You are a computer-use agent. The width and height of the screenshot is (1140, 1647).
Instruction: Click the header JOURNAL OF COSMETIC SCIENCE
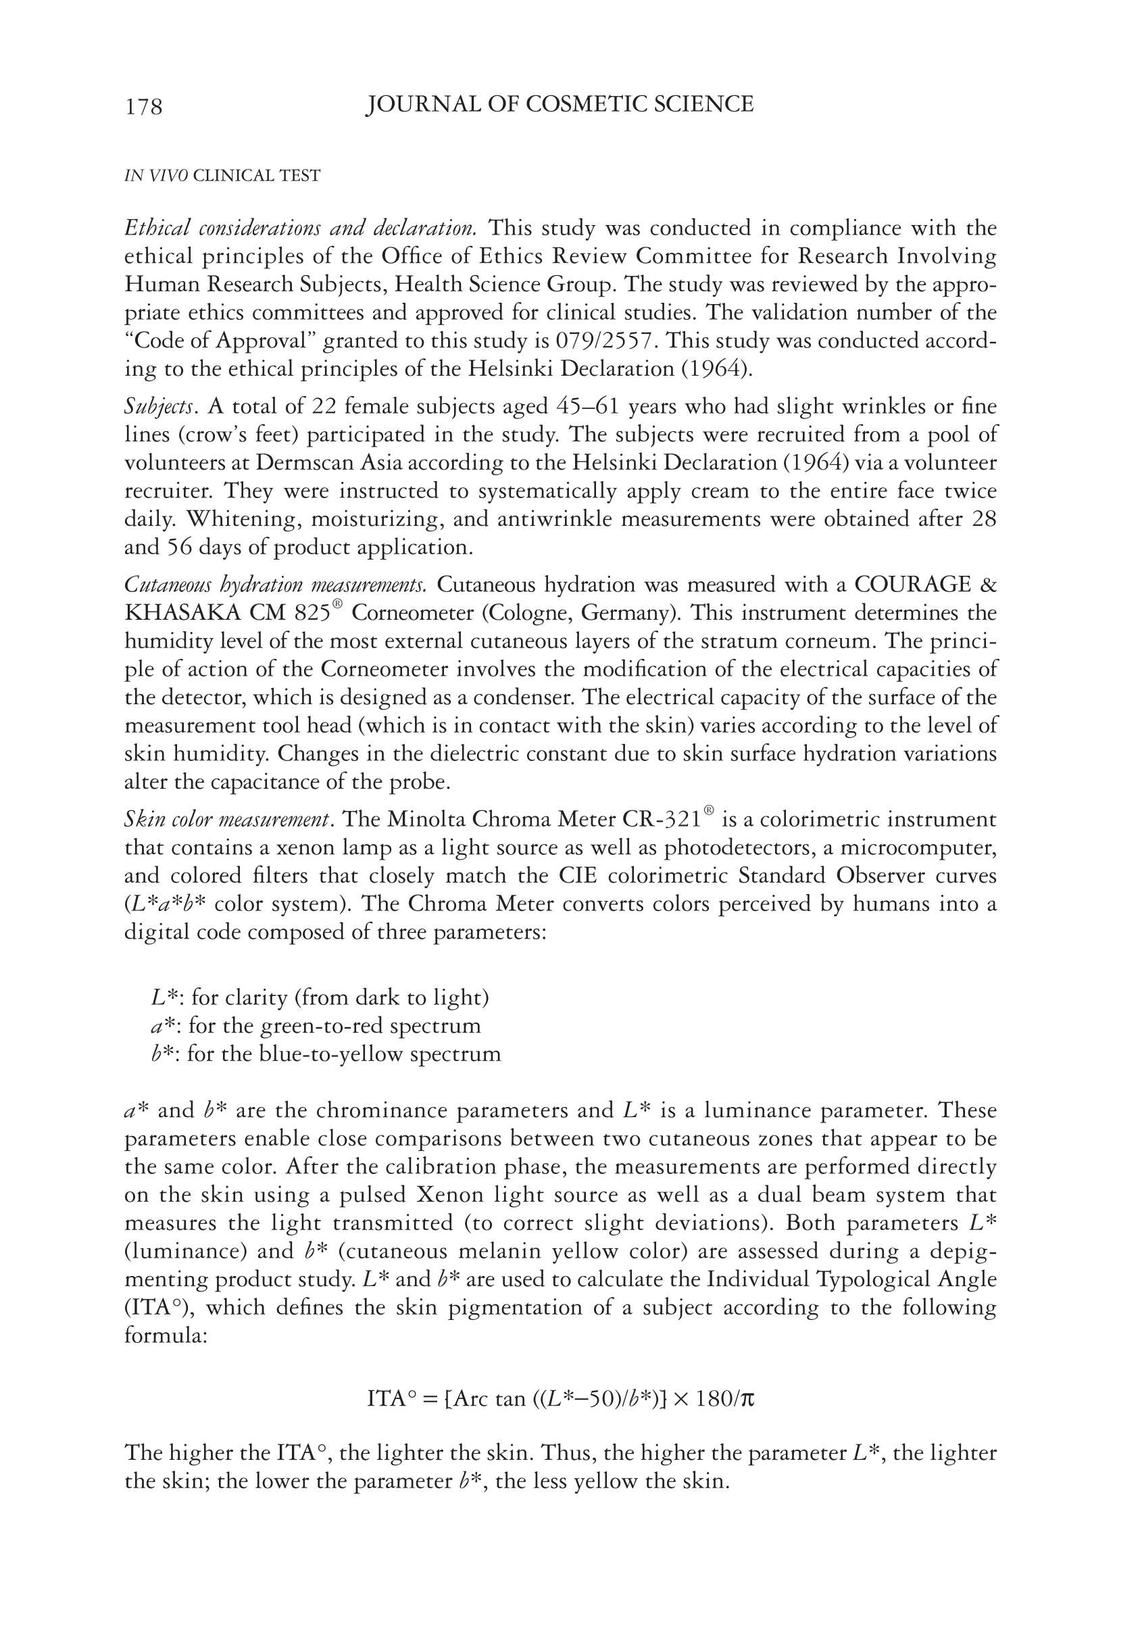click(560, 104)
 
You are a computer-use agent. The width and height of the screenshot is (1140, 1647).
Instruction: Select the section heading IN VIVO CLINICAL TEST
click(222, 176)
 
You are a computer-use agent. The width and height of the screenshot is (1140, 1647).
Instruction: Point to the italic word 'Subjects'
click(159, 407)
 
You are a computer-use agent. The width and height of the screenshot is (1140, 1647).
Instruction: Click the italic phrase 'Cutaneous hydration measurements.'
click(276, 585)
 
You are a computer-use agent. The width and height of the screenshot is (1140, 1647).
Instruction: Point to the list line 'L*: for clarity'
click(320, 998)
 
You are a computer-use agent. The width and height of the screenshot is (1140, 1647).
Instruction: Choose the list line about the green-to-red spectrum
click(316, 1027)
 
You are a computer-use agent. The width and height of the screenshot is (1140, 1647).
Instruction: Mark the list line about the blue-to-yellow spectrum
click(326, 1055)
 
